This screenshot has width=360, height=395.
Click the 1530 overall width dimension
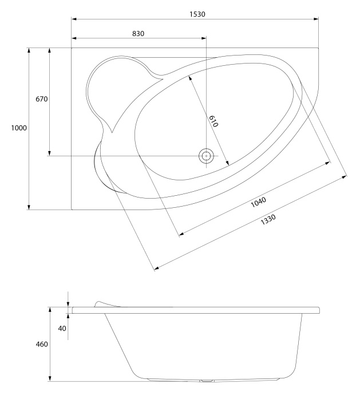coord(197,14)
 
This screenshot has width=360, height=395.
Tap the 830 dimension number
coord(138,34)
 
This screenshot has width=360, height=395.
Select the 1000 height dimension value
coord(19,128)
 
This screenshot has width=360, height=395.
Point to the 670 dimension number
coord(41,99)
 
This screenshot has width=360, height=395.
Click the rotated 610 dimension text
coord(213,121)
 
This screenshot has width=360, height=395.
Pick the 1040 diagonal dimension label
coord(258,202)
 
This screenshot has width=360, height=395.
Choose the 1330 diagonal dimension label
coord(268,219)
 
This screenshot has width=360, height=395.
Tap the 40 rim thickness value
coord(62,328)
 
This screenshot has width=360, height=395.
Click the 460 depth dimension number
coord(42,344)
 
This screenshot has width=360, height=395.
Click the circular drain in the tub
coord(206,156)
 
